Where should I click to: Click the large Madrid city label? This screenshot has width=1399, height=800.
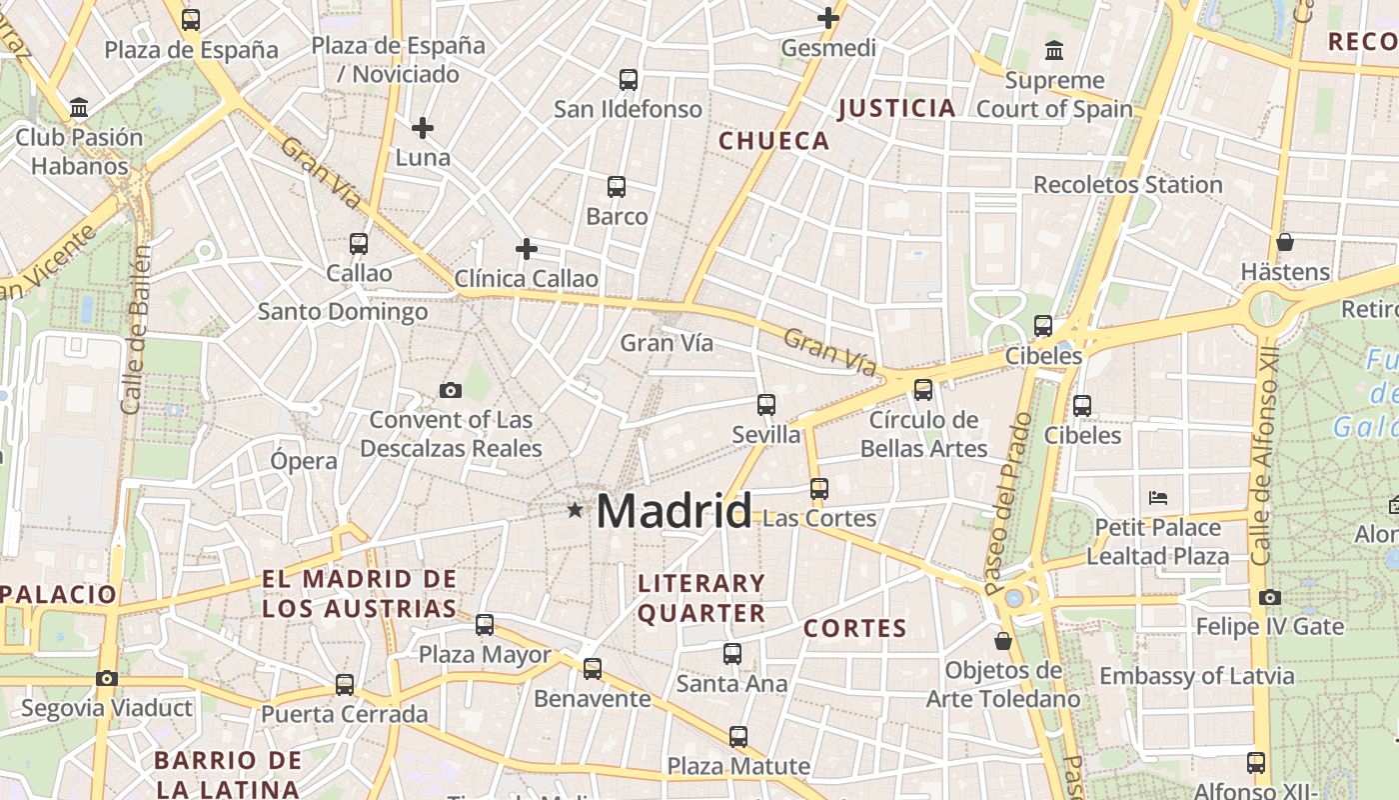tap(674, 512)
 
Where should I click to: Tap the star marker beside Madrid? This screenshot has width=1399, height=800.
tap(575, 510)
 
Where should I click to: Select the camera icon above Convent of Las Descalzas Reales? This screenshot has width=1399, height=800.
tap(451, 390)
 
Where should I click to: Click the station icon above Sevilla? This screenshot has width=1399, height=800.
tap(766, 405)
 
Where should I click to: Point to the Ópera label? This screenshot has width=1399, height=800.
tap(304, 461)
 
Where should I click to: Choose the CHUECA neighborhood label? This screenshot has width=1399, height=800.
tap(774, 141)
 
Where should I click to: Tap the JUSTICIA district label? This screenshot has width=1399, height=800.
tap(896, 108)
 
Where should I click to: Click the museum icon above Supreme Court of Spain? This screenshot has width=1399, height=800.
tap(1054, 50)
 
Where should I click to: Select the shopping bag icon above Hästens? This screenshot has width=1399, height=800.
tap(1285, 242)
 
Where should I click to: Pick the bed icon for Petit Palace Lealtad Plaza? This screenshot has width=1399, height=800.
tap(1158, 497)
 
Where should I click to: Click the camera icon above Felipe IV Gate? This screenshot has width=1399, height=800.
tap(1270, 597)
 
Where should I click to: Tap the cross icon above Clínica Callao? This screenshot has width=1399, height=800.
tap(527, 248)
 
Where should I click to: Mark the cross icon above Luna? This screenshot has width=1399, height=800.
tap(423, 127)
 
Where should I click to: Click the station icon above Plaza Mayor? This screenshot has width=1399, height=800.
tap(485, 625)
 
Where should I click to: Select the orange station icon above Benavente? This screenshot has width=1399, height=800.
tap(593, 668)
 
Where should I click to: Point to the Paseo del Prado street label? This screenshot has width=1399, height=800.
tap(1010, 504)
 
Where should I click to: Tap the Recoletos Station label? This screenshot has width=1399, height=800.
tap(1127, 185)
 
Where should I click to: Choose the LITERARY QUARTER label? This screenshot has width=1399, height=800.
tap(701, 598)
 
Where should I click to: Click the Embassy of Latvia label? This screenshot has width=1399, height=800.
tap(1197, 676)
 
